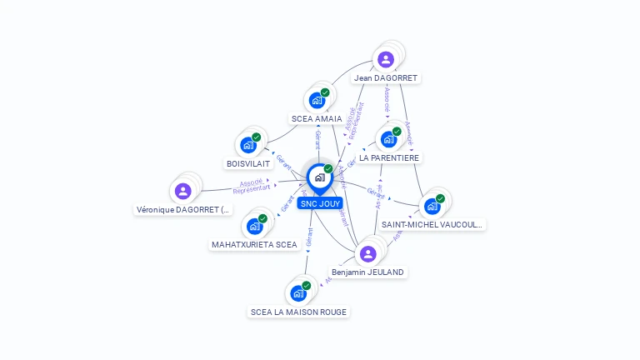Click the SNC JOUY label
(320, 203)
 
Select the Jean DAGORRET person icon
(385, 59)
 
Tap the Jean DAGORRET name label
(385, 78)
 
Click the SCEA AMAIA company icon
(317, 100)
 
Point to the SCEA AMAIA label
(317, 119)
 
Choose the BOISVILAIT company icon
(248, 145)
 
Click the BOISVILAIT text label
(248, 164)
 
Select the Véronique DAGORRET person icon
(183, 191)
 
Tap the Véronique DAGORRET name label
(183, 210)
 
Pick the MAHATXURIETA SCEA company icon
(254, 226)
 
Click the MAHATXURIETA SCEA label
(254, 245)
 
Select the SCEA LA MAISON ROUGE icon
(298, 293)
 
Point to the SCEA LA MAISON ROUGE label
(298, 312)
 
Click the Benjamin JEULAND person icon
(367, 253)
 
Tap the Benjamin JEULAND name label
(367, 272)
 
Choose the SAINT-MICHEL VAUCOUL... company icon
(432, 206)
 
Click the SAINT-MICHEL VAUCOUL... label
(432, 225)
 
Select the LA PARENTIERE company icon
(388, 139)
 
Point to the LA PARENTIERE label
(389, 157)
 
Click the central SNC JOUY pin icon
(319, 177)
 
